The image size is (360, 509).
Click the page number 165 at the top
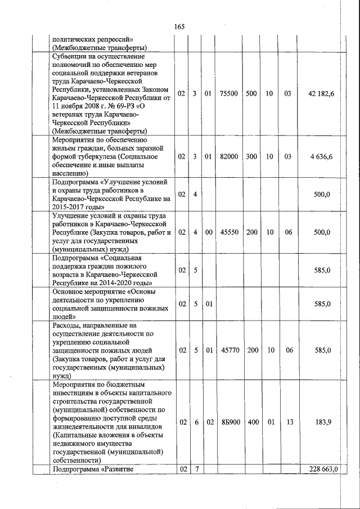point(179,27)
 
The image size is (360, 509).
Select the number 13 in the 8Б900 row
point(289,422)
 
